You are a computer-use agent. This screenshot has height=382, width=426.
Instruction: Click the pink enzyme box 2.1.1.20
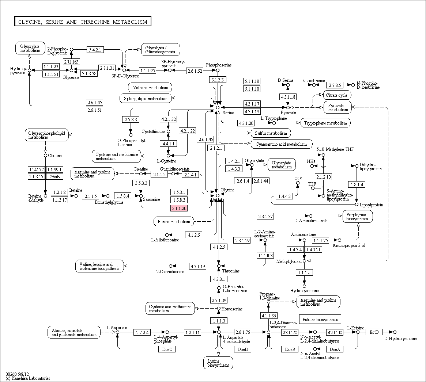point(179,208)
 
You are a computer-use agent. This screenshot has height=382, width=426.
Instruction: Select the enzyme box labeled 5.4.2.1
point(95,50)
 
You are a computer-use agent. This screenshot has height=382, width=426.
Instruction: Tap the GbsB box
point(54,176)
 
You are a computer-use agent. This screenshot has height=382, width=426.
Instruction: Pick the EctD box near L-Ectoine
point(374,332)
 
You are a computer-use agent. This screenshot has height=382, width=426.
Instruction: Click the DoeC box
point(167,349)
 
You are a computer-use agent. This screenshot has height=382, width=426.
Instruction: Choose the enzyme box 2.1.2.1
point(216,148)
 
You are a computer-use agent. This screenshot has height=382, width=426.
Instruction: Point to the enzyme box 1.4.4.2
point(284,196)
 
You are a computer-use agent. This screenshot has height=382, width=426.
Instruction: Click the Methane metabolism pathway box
point(150,87)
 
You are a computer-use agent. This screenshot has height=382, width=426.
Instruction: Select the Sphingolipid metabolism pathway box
point(146,98)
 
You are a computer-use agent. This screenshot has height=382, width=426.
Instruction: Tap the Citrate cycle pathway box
point(336,95)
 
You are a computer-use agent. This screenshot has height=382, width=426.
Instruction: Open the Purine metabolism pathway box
point(174,221)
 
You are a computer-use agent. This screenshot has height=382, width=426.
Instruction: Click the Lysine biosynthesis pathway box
point(218,363)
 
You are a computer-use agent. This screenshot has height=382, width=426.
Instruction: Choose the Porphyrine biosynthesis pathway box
point(358,217)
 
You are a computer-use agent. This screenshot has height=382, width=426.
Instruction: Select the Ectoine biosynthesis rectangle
point(320,319)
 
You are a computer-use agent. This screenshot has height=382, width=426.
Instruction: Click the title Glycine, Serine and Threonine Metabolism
point(83,22)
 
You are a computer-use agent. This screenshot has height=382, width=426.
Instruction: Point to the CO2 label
point(298,178)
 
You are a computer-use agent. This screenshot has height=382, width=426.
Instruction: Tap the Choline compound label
point(54,156)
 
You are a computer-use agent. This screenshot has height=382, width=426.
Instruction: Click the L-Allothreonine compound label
point(165,240)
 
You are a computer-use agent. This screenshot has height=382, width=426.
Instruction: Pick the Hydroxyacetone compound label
point(304,291)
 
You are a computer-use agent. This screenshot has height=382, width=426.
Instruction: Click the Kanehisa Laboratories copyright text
point(28,378)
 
